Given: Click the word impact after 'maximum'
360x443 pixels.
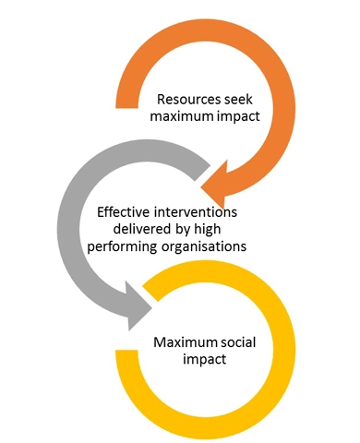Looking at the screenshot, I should (234, 118).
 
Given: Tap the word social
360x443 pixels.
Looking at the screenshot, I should (242, 344).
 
